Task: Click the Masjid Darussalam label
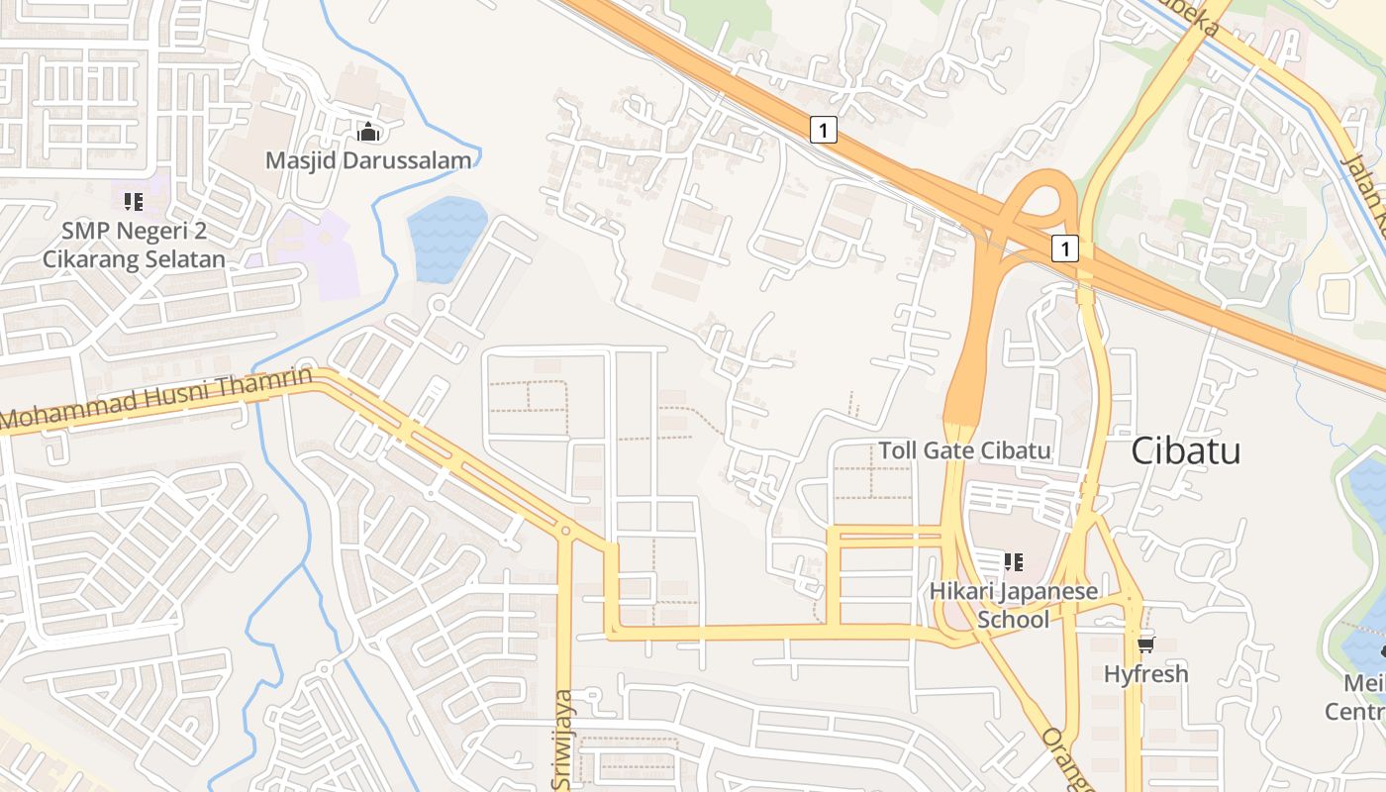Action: pyautogui.click(x=368, y=159)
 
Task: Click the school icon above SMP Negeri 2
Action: pyautogui.click(x=134, y=202)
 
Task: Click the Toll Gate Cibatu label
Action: pyautogui.click(x=964, y=451)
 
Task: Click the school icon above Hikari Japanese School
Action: pyautogui.click(x=1013, y=562)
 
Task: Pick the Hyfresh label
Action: pyautogui.click(x=1145, y=674)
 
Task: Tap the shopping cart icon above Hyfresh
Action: pyautogui.click(x=1145, y=645)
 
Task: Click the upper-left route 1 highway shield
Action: pyautogui.click(x=824, y=129)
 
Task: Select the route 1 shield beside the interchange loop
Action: pyautogui.click(x=1064, y=248)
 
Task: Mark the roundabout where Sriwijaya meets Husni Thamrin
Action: pyautogui.click(x=565, y=532)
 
